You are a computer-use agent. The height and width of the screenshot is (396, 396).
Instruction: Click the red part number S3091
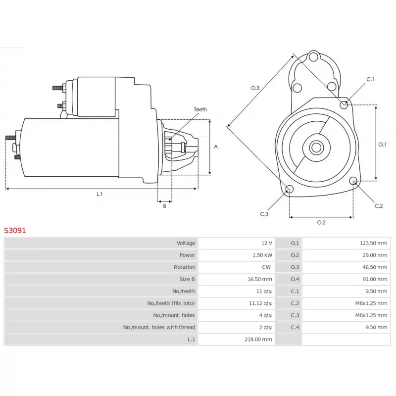tap(15, 230)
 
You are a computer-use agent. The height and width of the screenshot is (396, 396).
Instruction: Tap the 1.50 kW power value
tap(262, 255)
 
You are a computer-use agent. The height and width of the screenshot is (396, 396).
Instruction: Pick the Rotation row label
tap(184, 267)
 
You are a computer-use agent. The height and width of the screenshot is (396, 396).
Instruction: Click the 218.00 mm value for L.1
tap(258, 340)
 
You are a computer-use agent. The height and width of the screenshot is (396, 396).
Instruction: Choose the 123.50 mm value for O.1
tap(373, 243)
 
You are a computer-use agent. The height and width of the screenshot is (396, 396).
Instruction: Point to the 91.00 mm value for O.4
tap(375, 279)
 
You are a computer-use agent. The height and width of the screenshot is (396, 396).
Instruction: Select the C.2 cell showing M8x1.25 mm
tap(371, 303)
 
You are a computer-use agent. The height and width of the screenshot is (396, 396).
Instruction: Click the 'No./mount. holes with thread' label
tap(159, 327)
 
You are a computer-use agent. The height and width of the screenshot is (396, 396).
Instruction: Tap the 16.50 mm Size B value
tap(259, 279)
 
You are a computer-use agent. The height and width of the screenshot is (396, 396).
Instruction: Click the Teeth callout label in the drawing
tap(200, 109)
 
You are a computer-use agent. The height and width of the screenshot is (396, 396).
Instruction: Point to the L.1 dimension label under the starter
tap(99, 194)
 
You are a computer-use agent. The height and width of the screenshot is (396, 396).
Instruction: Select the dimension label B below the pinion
tap(165, 206)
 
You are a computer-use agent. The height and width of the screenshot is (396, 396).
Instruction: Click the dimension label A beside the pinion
tap(216, 147)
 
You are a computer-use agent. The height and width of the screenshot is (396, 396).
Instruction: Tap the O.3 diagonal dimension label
tap(255, 88)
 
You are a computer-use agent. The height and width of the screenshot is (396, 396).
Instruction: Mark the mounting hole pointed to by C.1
tap(344, 104)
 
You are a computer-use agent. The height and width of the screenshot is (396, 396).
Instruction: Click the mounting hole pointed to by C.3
tap(290, 189)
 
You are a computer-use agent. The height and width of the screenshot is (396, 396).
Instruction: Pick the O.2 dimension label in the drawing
tap(321, 222)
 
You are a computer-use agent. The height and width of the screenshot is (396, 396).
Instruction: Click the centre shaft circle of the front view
tap(316, 148)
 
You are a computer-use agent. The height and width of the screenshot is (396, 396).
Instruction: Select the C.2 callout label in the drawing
tap(379, 206)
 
